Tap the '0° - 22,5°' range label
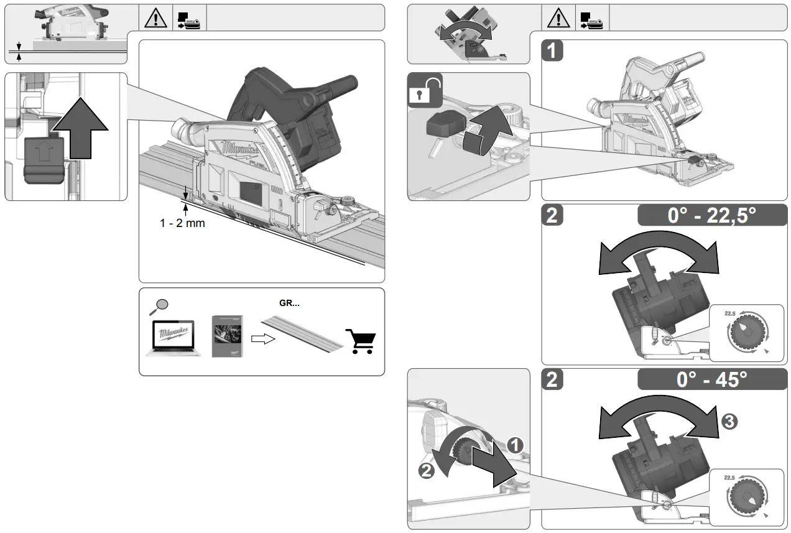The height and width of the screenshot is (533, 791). (x=712, y=215)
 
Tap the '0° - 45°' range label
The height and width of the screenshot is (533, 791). (x=712, y=379)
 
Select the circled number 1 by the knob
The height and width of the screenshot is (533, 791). (x=514, y=444)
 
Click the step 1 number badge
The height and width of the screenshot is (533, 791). (x=552, y=51)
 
